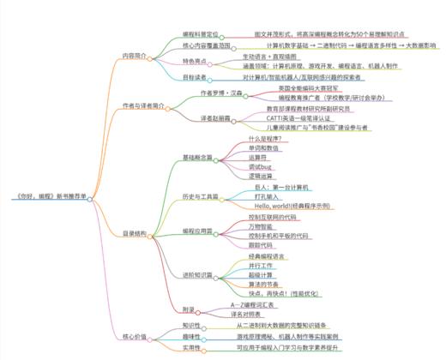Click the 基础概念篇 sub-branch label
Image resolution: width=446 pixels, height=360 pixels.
tap(198, 158)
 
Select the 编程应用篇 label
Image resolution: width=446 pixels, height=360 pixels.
tap(198, 231)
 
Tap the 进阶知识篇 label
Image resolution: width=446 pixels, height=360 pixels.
tap(198, 273)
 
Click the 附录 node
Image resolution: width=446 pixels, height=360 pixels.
tap(190, 308)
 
